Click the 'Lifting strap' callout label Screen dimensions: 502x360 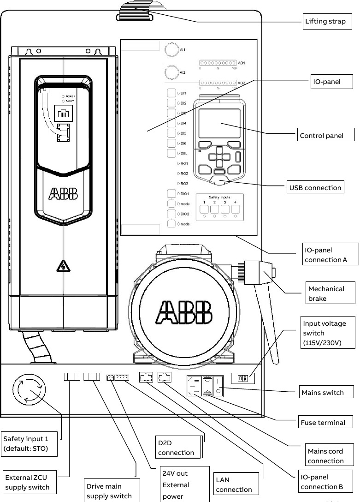(328, 21)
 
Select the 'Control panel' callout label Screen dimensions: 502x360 (326, 136)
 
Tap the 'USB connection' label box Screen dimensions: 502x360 (315, 187)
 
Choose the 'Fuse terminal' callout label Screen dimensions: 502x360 (322, 422)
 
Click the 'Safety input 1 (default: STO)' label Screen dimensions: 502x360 (29, 443)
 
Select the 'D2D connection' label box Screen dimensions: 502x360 (178, 448)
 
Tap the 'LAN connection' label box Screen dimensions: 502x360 (235, 484)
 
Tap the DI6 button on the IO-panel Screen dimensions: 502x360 (171, 143)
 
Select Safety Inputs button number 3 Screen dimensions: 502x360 (225, 209)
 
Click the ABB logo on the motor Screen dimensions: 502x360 (184, 312)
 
